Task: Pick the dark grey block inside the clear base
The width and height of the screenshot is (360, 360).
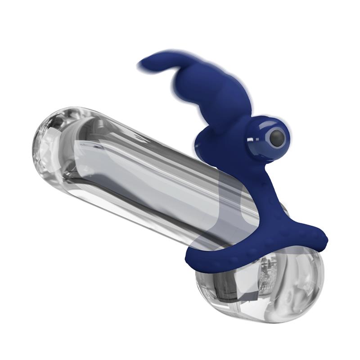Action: point(234,288)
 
